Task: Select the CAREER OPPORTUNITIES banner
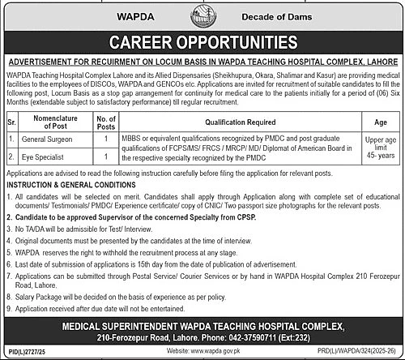click(x=202, y=41)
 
